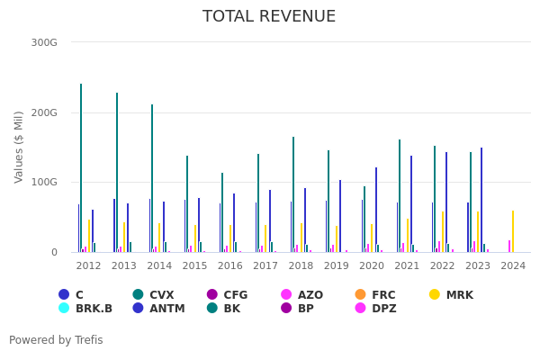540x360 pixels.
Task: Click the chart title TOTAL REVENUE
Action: tap(269, 17)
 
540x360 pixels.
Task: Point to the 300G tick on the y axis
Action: tap(44, 42)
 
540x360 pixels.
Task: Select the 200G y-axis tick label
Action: tap(44, 112)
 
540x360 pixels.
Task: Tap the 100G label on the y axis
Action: tap(44, 183)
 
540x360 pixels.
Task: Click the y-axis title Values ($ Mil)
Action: tap(19, 147)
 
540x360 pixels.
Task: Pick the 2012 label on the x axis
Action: tap(88, 266)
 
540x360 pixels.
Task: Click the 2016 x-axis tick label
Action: tap(229, 266)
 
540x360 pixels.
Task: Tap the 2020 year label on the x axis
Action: tap(372, 266)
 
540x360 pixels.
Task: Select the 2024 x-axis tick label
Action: tap(513, 266)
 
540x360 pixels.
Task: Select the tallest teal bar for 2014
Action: tap(152, 178)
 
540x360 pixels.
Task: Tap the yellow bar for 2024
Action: tap(513, 231)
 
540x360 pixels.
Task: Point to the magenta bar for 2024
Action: tap(509, 246)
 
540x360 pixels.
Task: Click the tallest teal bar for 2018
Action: tap(293, 194)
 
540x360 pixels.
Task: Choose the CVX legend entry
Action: tap(161, 295)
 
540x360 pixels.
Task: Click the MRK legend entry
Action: tap(458, 295)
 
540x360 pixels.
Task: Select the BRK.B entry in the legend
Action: tap(94, 309)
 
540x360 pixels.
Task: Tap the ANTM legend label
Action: tap(166, 309)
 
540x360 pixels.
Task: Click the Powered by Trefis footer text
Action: tap(56, 340)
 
